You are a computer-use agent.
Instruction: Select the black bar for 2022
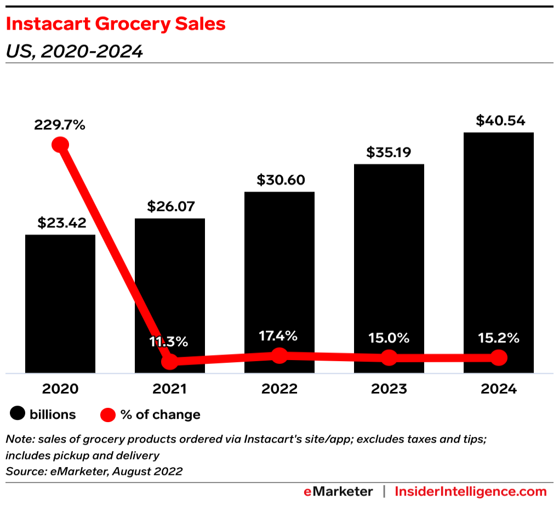coord(279,274)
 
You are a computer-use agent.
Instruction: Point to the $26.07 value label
coord(170,207)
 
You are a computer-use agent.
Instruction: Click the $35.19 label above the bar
coord(389,153)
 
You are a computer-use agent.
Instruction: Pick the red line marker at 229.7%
coord(60,145)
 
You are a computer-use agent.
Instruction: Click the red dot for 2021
coord(170,361)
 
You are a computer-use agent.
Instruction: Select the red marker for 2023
coord(389,358)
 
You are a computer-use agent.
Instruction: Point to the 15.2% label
coord(498,338)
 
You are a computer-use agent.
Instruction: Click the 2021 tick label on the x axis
coord(170,389)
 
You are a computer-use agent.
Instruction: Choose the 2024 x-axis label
coord(499,389)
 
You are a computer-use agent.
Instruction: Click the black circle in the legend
coord(18,415)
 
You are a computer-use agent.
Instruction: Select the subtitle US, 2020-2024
coord(74,51)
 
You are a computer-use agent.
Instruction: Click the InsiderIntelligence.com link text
coord(471,491)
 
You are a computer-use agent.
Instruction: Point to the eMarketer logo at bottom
coord(338,491)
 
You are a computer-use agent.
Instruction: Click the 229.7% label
coord(60,125)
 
